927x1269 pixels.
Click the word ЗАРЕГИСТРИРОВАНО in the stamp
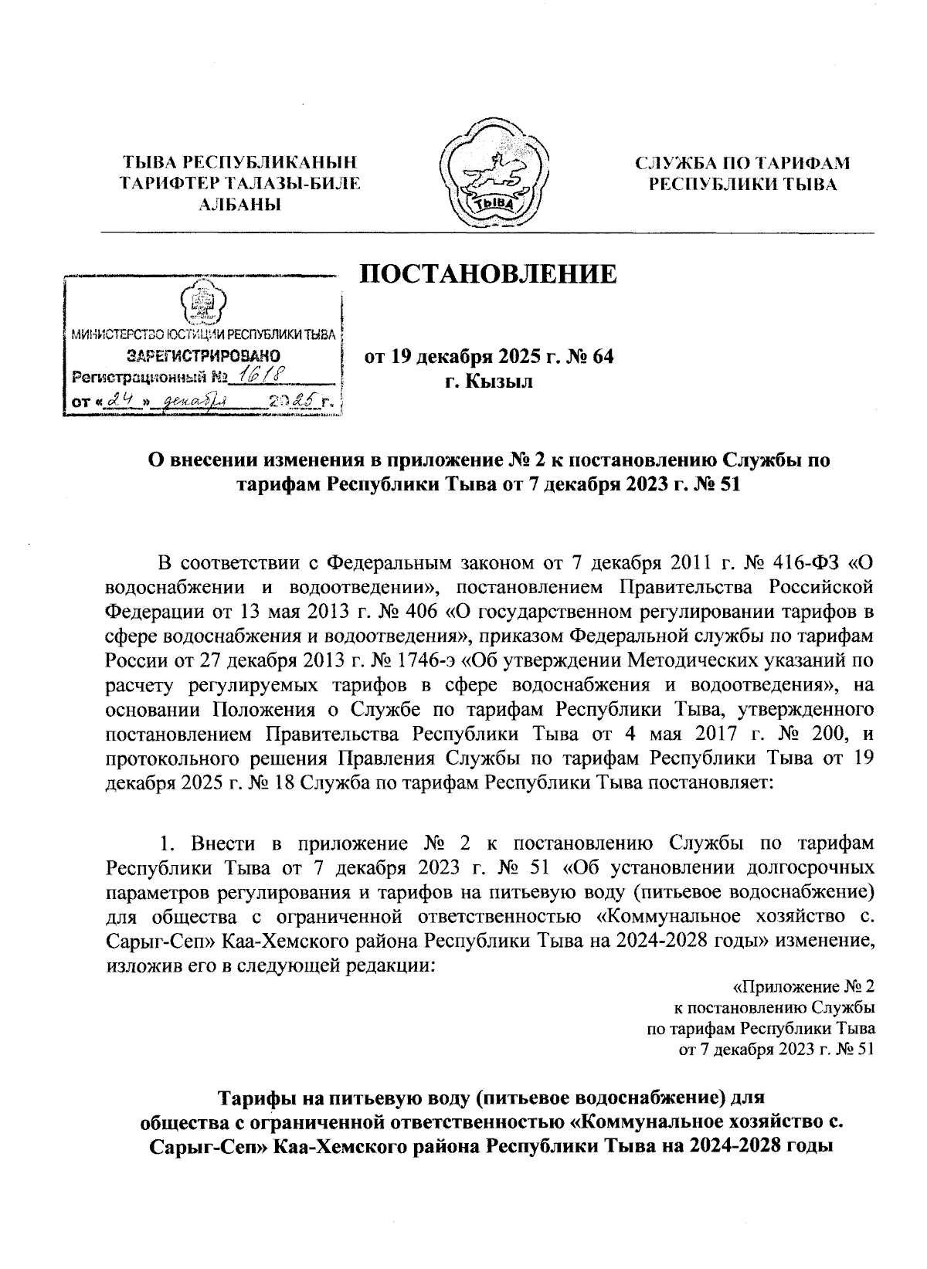202,356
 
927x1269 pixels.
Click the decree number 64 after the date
601,357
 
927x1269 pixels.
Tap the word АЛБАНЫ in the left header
239,204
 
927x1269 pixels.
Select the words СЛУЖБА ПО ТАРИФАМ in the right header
741,163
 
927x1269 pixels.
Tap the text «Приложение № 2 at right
803,987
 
